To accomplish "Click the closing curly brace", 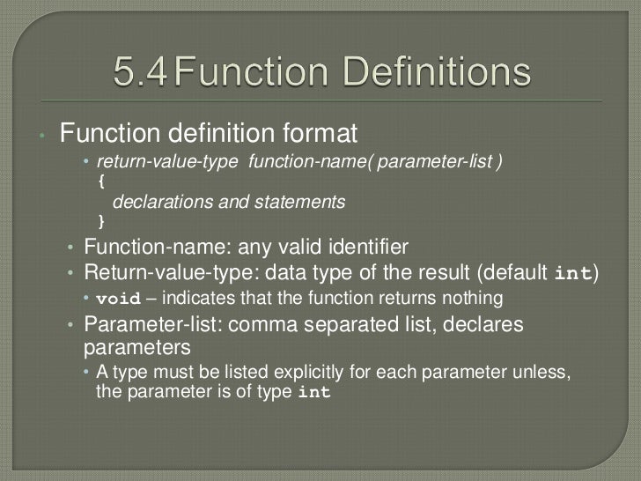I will [x=101, y=219].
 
